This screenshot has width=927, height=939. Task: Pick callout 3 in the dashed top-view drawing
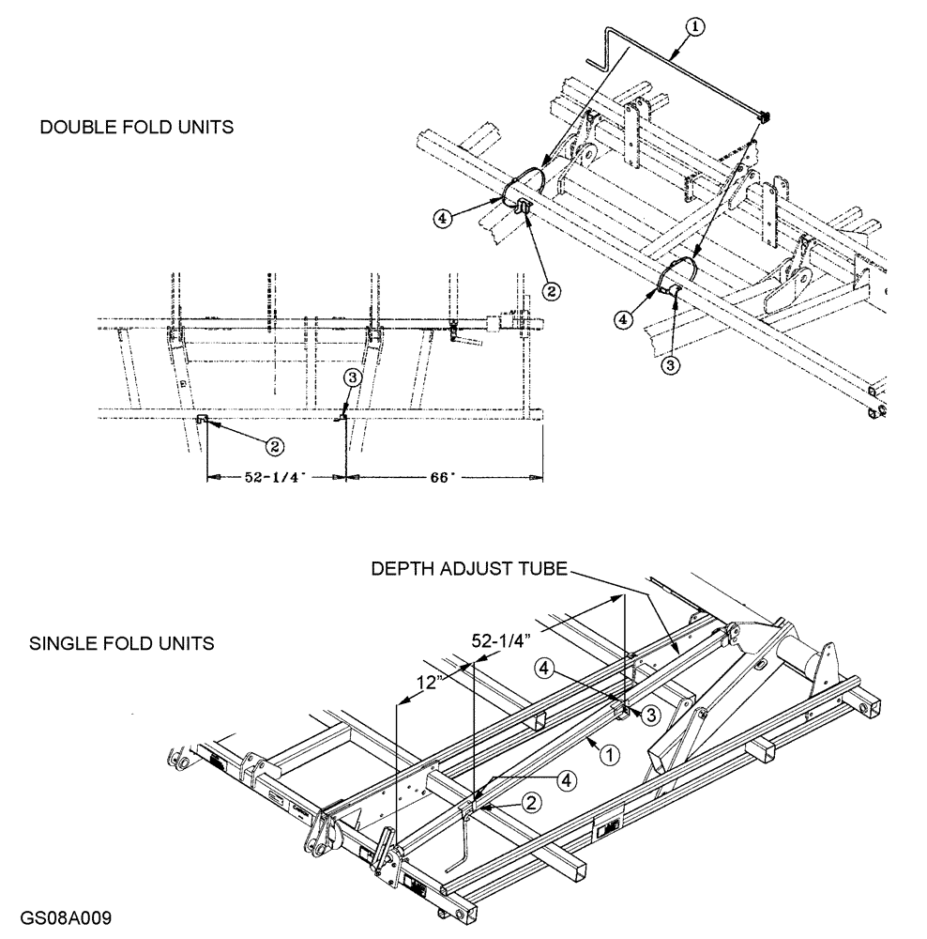(350, 377)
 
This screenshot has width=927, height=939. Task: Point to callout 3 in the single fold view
(648, 715)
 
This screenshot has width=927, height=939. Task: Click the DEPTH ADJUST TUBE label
(467, 569)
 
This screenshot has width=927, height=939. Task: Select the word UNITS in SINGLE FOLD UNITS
(183, 643)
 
